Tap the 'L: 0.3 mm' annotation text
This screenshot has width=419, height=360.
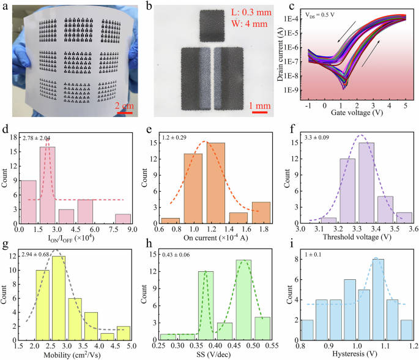[x=248, y=13]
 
